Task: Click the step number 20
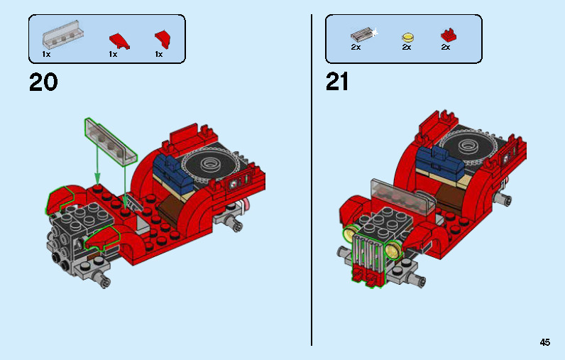pos(43,82)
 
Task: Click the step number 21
pos(337,82)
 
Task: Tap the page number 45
pos(544,342)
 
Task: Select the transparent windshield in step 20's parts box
pos(59,36)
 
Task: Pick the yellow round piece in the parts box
pos(407,36)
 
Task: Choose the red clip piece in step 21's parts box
pos(447,35)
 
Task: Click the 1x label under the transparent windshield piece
pos(46,54)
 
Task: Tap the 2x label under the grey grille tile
pos(356,48)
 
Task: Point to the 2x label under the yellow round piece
pos(406,48)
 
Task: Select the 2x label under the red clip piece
pos(445,48)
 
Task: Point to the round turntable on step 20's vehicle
pos(212,166)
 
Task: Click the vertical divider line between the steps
pos(312,178)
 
